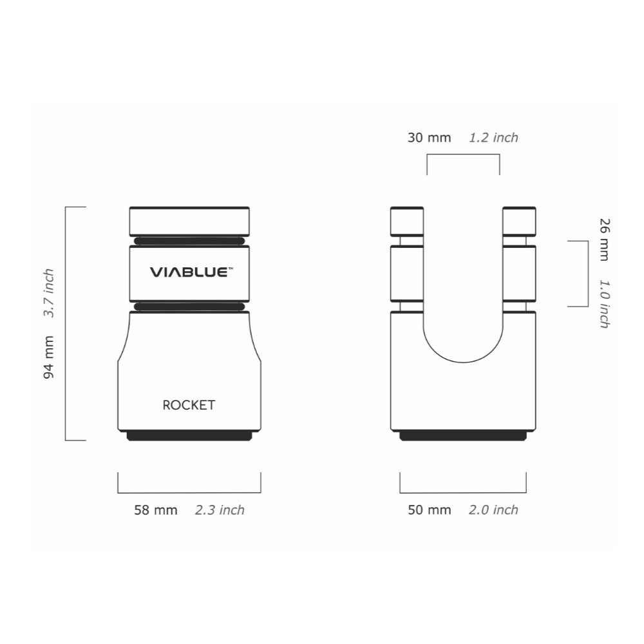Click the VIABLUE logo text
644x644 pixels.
191,272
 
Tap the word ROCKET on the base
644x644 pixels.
189,405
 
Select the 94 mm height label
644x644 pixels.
49,357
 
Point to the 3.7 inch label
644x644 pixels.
49,293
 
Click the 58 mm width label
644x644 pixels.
156,510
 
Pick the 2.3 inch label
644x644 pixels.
220,510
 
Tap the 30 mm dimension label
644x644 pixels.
429,138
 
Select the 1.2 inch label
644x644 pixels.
494,138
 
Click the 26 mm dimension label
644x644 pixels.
605,240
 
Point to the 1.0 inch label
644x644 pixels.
605,304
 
